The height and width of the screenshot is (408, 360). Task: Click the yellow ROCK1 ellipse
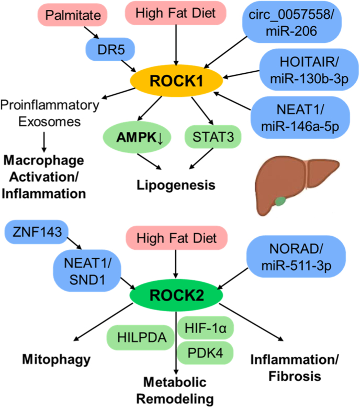pos(176,81)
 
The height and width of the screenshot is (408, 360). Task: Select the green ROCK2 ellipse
pos(176,295)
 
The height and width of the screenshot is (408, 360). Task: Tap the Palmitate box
pos(73,15)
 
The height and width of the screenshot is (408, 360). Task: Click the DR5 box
pos(110,49)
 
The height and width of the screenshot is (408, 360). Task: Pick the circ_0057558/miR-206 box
pos(291,22)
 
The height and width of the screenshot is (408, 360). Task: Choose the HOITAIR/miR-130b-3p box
pos(309,70)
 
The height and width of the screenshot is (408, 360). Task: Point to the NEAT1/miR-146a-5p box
pos(300,117)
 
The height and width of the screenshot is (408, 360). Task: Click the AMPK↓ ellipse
pos(137,137)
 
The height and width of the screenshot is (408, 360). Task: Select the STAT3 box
pos(213,137)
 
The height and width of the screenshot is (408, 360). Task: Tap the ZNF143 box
pos(37,232)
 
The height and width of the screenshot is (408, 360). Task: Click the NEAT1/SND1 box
pos(87,271)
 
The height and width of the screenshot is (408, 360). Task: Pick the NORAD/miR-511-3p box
pos(296,257)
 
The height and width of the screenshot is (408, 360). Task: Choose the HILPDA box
pos(140,337)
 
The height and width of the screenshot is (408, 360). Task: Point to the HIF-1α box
pos(205,328)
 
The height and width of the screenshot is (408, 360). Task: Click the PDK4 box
pos(205,353)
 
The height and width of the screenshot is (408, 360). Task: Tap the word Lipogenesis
pos(176,185)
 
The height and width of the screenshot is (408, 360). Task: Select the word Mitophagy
pos(57,360)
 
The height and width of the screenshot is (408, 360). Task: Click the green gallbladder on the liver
pos(280,201)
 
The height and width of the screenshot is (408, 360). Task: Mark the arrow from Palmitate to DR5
pos(92,32)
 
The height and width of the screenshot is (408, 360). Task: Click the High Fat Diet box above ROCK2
pos(177,238)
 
